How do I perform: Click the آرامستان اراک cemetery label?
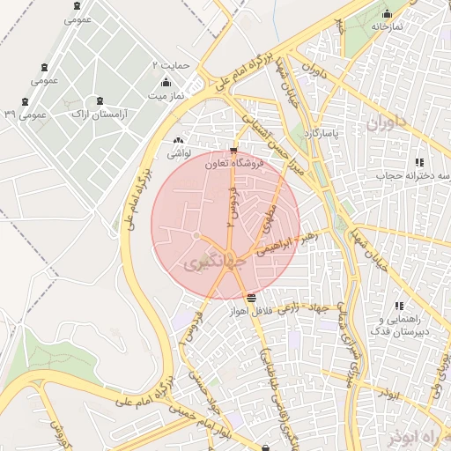click(97, 115)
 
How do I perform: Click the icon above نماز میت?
click(166, 81)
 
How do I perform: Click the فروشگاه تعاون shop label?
click(205, 163)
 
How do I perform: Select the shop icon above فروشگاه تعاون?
click(233, 150)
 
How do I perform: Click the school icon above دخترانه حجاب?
click(419, 162)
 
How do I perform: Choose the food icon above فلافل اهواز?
click(252, 298)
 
